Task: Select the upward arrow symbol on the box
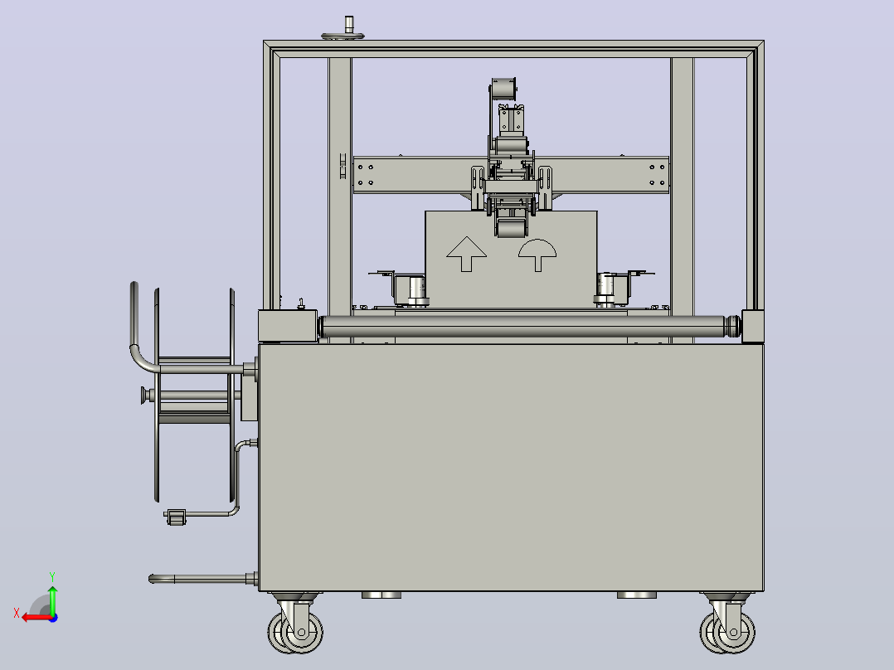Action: click(466, 254)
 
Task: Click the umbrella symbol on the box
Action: click(537, 255)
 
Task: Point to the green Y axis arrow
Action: click(52, 596)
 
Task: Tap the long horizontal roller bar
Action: click(529, 327)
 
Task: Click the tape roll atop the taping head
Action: click(503, 89)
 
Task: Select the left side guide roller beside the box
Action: click(411, 289)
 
